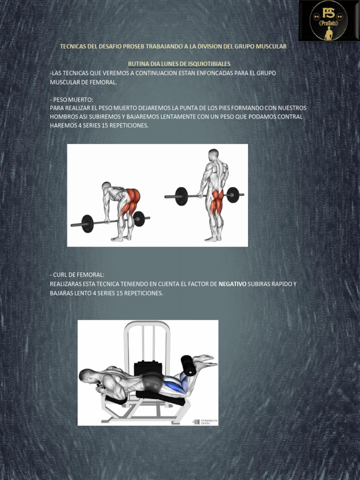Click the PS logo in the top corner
[x=329, y=20]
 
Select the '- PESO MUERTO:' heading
[x=71, y=100]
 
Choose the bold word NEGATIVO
[x=232, y=284]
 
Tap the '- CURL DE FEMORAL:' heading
[x=77, y=275]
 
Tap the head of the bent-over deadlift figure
[x=106, y=186]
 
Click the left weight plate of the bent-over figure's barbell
[x=87, y=224]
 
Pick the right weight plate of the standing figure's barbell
[x=232, y=195]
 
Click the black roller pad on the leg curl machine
[x=188, y=365]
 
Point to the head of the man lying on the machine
[x=87, y=375]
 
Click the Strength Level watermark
[x=205, y=421]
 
